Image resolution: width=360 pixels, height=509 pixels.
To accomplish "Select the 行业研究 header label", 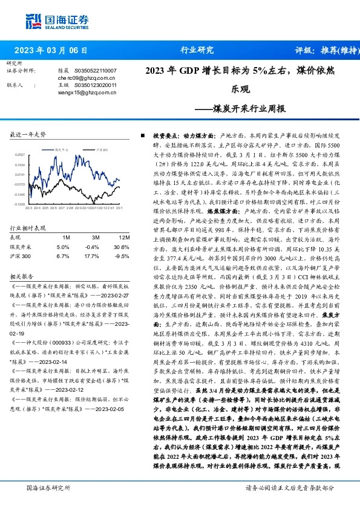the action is coord(197,51).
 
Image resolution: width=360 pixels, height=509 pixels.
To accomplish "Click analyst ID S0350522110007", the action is coord(95,71).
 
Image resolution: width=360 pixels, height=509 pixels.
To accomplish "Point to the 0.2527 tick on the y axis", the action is coord(21,154).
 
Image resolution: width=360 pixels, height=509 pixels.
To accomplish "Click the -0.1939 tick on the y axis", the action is coord(21,204).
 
